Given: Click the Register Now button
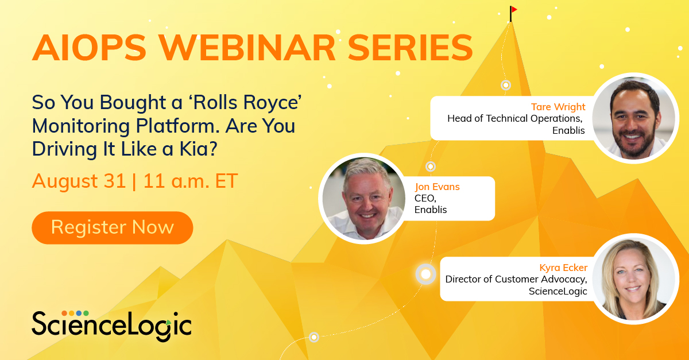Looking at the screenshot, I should pos(112,227).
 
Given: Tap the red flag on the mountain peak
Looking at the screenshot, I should pos(514,10).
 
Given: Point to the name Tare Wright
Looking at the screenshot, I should pos(557,107).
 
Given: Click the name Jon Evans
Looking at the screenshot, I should pos(437,187).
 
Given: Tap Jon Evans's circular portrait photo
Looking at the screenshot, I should pos(363,198).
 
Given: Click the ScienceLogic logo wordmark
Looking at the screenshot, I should pos(111,324).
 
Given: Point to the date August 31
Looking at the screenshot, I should pos(78,181).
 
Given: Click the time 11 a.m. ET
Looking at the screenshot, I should pos(189,181).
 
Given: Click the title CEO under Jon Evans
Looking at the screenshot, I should pos(424,198).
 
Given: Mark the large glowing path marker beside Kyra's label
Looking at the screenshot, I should pos(425,274).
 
